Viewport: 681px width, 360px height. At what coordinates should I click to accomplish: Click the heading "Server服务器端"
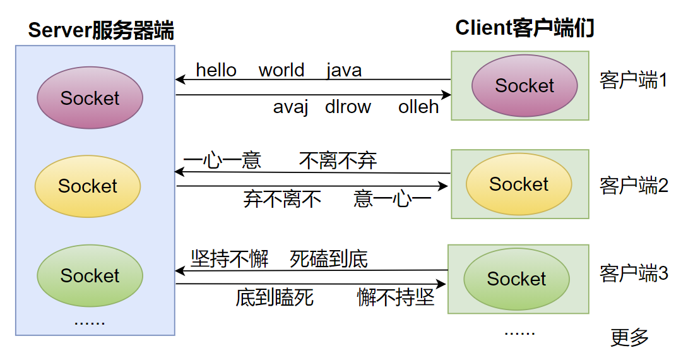[x=101, y=30]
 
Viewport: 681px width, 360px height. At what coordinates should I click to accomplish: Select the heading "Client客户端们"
[x=524, y=28]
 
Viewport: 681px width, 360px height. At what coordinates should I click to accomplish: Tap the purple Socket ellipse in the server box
[x=90, y=98]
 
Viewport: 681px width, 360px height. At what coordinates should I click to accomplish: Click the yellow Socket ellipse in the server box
[x=88, y=186]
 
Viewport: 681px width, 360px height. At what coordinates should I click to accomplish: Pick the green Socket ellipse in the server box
[x=90, y=275]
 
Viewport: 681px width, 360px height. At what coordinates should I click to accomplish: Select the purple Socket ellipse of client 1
[x=524, y=86]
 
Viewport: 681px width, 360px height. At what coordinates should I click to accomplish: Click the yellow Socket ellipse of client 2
[x=519, y=184]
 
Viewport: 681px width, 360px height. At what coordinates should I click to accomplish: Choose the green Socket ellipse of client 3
[x=516, y=279]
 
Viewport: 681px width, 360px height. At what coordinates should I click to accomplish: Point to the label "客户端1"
[x=633, y=81]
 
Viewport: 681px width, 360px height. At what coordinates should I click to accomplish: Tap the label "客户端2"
[x=633, y=186]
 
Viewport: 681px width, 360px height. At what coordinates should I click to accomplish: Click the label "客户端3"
[x=633, y=273]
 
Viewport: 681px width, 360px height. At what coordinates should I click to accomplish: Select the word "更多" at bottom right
[x=629, y=337]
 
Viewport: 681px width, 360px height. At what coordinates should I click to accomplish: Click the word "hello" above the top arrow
[x=216, y=70]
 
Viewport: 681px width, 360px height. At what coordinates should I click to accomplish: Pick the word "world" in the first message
[x=281, y=70]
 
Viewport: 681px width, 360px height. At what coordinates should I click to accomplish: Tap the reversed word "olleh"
[x=418, y=107]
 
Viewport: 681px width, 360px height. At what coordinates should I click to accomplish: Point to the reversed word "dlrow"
[x=348, y=107]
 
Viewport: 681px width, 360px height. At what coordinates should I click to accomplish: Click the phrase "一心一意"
[x=222, y=161]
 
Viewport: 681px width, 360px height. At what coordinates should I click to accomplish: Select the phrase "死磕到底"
[x=329, y=258]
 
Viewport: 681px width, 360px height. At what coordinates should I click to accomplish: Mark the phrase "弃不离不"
[x=282, y=199]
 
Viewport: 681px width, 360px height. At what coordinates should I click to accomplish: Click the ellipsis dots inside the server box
[x=90, y=321]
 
